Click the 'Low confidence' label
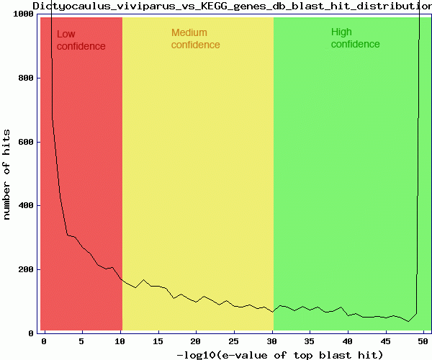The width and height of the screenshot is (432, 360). coord(81,40)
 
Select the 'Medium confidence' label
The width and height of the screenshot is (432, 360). coord(195,39)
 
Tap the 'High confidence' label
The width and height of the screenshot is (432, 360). coord(355,38)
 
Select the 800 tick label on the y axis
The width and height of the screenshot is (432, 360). coord(24,78)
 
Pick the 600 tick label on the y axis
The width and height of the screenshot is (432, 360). coord(24,142)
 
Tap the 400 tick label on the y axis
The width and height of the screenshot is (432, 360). coord(24,206)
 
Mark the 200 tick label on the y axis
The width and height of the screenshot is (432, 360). coord(24,269)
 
